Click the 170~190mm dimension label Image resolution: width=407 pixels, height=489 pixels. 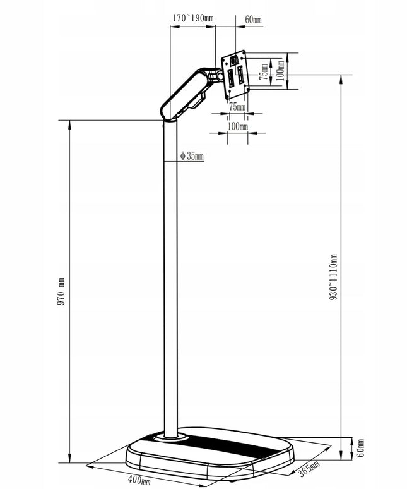pyautogui.click(x=193, y=18)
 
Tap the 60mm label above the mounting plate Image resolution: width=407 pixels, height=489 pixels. pyautogui.click(x=253, y=20)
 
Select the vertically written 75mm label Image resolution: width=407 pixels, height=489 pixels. pyautogui.click(x=264, y=73)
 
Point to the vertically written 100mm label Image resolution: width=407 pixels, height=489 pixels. pyautogui.click(x=280, y=70)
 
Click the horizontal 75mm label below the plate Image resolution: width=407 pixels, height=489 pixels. pyautogui.click(x=237, y=107)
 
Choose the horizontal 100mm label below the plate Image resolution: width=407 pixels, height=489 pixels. pyautogui.click(x=238, y=126)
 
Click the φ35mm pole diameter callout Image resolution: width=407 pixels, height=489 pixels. pyautogui.click(x=192, y=155)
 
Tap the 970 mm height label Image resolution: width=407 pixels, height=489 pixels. pyautogui.click(x=61, y=291)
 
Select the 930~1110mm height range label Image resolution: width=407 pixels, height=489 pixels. pyautogui.click(x=333, y=277)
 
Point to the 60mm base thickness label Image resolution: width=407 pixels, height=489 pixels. pyautogui.click(x=360, y=448)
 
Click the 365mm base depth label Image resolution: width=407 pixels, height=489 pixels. pyautogui.click(x=309, y=469)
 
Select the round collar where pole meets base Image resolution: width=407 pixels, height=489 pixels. pyautogui.click(x=170, y=438)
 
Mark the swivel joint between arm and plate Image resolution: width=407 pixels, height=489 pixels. pyautogui.click(x=216, y=76)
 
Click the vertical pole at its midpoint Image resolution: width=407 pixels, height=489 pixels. pyautogui.click(x=170, y=277)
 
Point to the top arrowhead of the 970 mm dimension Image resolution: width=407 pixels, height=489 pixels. pyautogui.click(x=69, y=124)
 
